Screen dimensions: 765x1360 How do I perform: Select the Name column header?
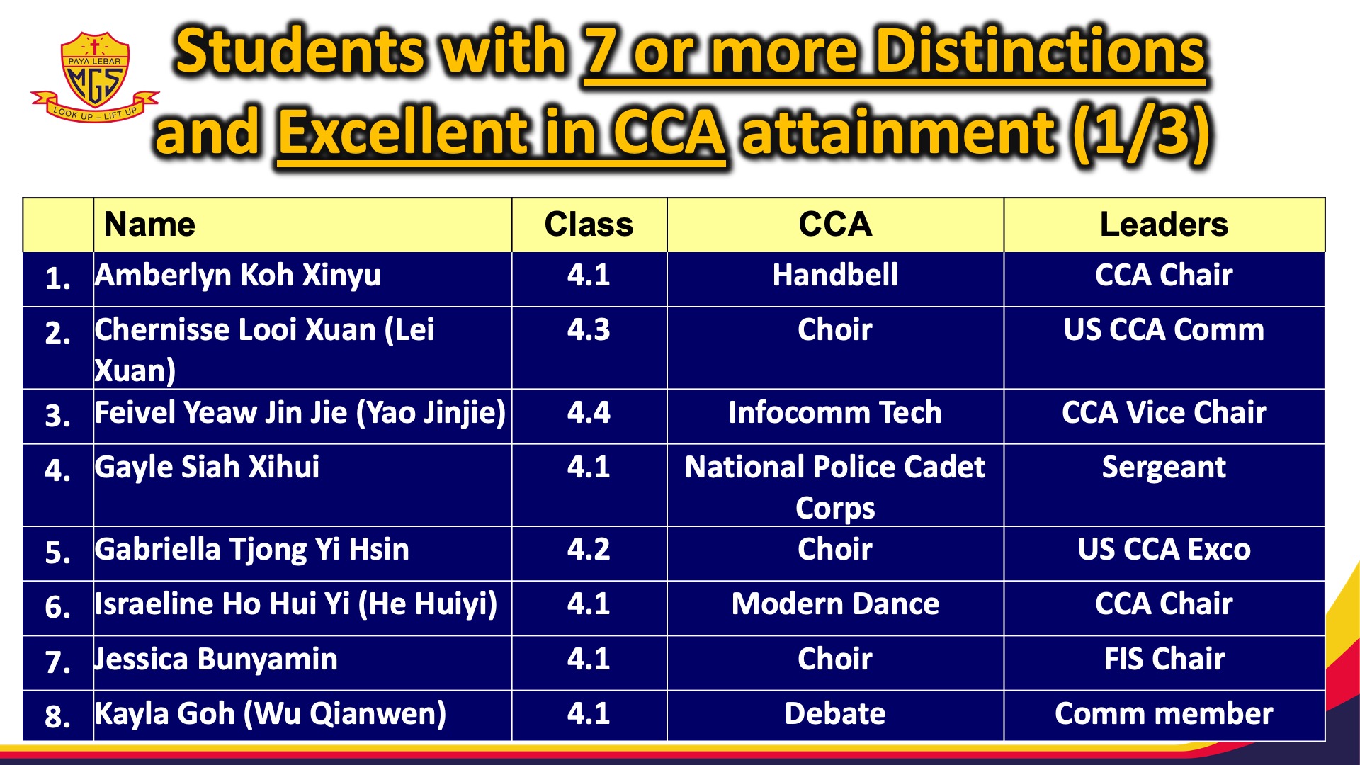(x=149, y=225)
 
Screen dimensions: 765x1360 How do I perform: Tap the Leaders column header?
(x=1164, y=225)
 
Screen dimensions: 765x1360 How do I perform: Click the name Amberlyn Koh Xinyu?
(x=238, y=276)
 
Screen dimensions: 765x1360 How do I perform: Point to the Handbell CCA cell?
(x=835, y=276)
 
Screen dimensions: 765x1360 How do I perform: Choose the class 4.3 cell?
(x=589, y=330)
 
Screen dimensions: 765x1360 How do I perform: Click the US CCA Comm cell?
(x=1164, y=330)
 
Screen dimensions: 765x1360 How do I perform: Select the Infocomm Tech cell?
(x=835, y=413)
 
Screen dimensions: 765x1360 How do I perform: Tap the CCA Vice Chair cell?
(x=1164, y=413)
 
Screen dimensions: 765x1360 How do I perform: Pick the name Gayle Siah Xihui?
(x=207, y=467)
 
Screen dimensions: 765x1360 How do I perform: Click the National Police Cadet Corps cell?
(x=835, y=487)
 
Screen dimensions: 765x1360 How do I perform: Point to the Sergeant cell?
(x=1164, y=467)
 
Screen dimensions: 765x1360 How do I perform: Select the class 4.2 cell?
(x=589, y=550)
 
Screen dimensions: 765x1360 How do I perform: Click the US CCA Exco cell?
(x=1164, y=550)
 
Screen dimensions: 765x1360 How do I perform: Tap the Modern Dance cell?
(x=835, y=604)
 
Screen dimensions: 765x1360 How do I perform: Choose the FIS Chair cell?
(x=1164, y=659)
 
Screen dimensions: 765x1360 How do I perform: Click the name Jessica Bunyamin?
(x=216, y=659)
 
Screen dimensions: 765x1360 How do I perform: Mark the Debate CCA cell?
(x=835, y=714)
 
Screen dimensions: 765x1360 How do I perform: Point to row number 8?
(x=57, y=716)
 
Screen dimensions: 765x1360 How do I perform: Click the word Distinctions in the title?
(x=1040, y=52)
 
